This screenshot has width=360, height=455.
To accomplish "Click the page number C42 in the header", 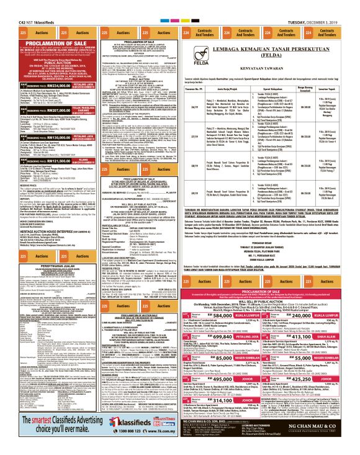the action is pos(9,6).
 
